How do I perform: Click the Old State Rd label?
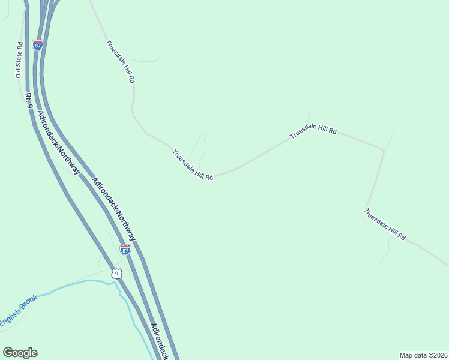[x=19, y=59]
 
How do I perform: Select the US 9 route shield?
[x=116, y=273]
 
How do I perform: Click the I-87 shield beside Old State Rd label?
[x=38, y=45]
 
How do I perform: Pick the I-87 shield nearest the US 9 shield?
[x=125, y=250]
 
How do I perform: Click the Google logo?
[x=20, y=353]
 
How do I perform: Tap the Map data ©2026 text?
[x=423, y=355]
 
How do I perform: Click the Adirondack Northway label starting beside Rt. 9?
[x=58, y=143]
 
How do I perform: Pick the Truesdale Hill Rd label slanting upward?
[x=313, y=131]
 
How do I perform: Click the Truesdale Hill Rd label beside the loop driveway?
[x=193, y=165]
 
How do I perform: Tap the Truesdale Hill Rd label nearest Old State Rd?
[x=121, y=62]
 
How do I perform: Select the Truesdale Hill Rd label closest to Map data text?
[x=385, y=224]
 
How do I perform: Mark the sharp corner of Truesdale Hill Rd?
[x=383, y=150]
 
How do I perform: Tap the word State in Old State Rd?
[x=19, y=60]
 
